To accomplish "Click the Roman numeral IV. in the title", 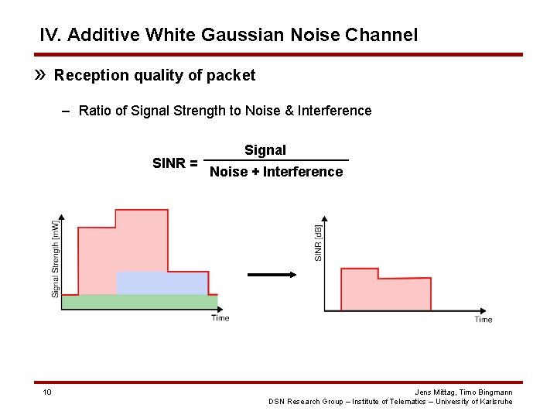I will [53, 35].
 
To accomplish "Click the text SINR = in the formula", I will [174, 163].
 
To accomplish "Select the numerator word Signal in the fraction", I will [265, 150].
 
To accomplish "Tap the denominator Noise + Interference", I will [276, 172].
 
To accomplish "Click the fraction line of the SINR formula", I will [278, 160].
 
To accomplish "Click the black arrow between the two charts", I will [272, 274].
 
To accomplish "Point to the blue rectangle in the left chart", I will [162, 283].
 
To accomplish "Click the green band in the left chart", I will [139, 302].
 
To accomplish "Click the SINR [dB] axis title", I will [318, 242].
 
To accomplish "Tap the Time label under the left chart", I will [220, 318].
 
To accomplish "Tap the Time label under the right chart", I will [484, 319].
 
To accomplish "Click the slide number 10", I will [47, 392].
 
